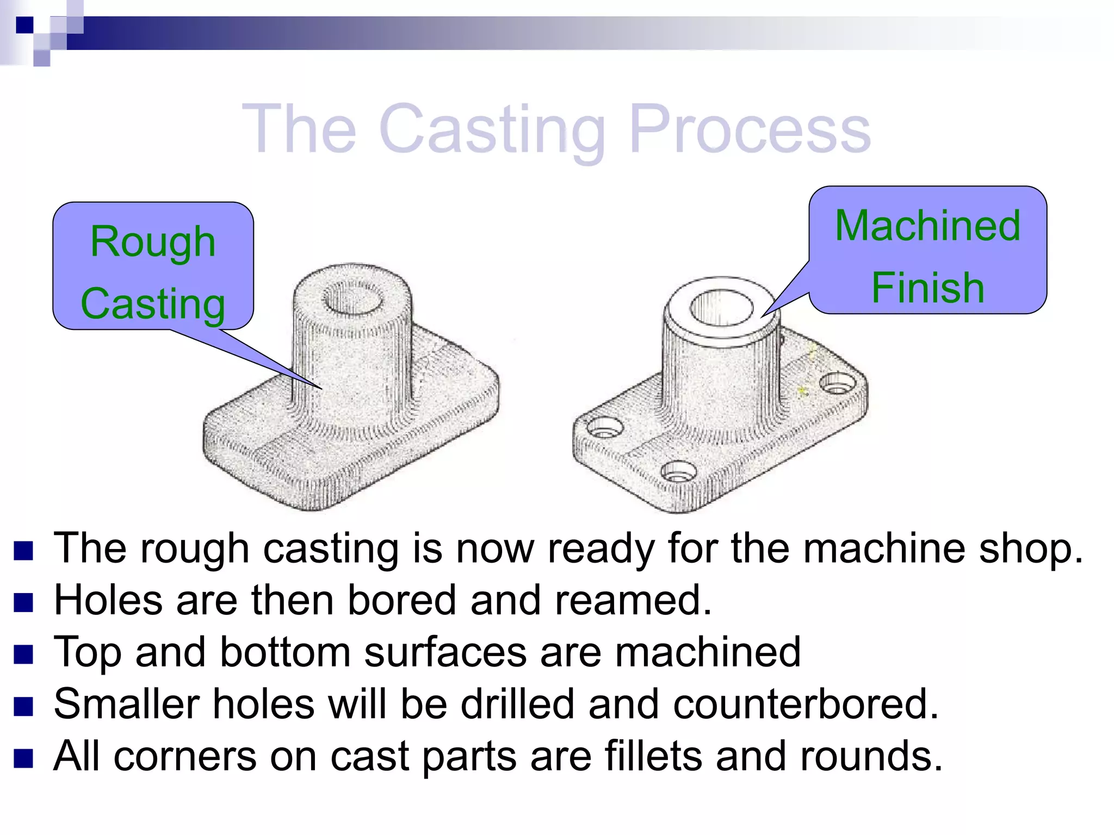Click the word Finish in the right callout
[927, 288]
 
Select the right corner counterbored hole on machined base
[838, 383]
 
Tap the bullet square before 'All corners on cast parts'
[24, 758]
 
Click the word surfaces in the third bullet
[445, 652]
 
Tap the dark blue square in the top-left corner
[24, 25]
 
